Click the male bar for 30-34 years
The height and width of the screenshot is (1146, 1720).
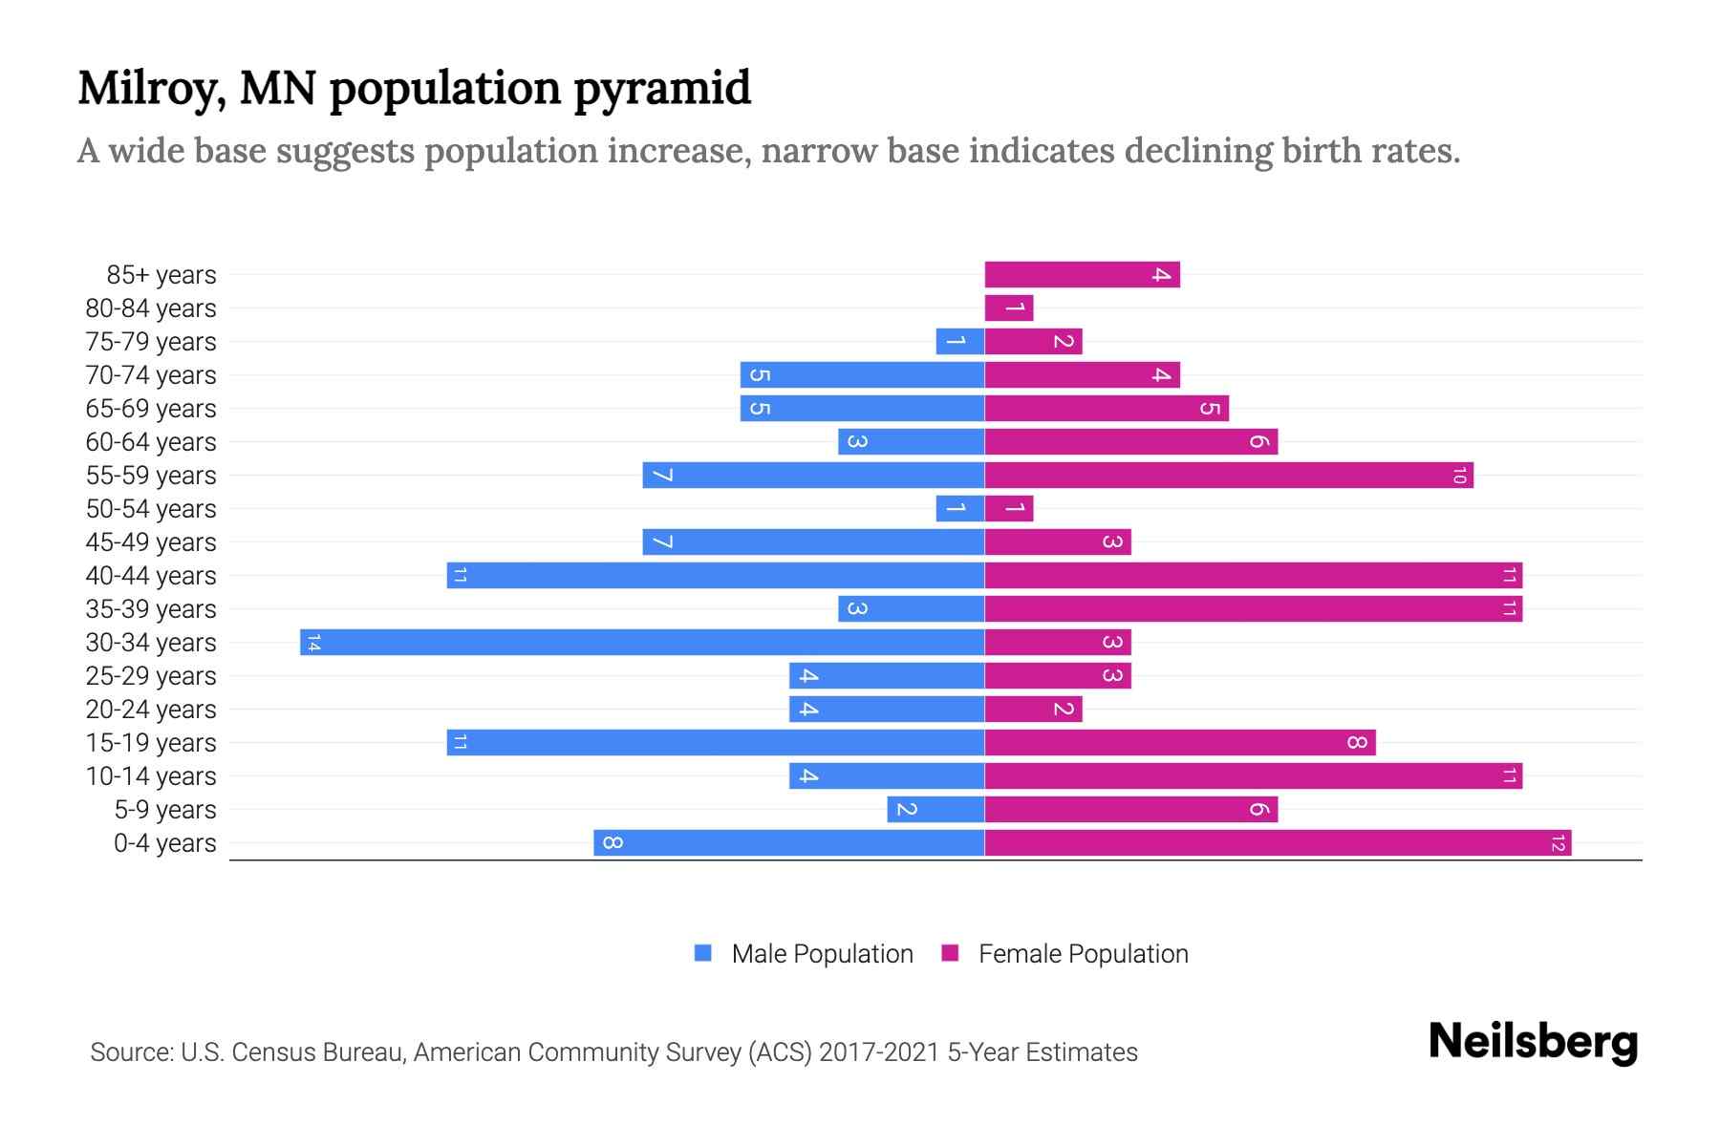coord(642,643)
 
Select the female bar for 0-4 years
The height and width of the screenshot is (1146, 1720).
coord(1278,843)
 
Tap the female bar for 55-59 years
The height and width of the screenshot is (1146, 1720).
coord(1229,476)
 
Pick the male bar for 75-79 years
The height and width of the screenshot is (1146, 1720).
coord(959,342)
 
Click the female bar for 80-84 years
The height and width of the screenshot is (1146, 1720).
coord(1009,308)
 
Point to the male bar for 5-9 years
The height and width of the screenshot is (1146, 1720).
coord(935,810)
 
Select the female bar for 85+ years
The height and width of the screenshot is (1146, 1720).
coord(1082,275)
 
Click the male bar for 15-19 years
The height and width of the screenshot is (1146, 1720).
coord(715,743)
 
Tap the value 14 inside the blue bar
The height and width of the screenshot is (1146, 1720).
coord(313,643)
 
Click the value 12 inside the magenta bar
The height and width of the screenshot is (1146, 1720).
coord(1558,843)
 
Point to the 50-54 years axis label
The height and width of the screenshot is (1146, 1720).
coord(151,509)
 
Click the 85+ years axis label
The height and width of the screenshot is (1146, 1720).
coord(161,275)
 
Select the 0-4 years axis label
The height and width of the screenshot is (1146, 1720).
coord(164,843)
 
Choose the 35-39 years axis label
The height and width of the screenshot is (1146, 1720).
coord(151,609)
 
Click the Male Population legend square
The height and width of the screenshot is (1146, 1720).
coord(703,953)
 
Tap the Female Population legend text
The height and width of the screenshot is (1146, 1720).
coord(1083,954)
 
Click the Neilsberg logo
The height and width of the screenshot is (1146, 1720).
coord(1533,1042)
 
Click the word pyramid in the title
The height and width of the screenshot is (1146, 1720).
coord(662,89)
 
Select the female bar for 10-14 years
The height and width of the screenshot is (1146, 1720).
coord(1253,776)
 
